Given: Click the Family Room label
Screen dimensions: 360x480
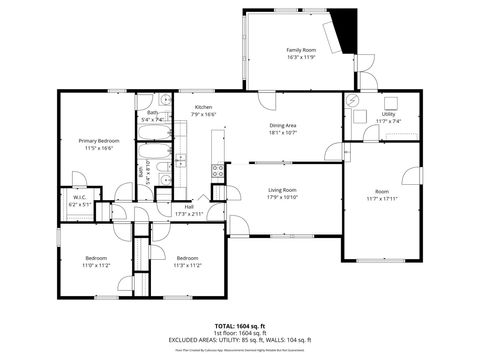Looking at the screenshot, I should pyautogui.click(x=301, y=50).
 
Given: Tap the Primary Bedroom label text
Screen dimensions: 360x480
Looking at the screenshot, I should pyautogui.click(x=100, y=141).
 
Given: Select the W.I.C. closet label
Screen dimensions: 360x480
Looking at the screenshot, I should pyautogui.click(x=79, y=197).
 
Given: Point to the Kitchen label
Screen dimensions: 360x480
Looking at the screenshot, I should pyautogui.click(x=203, y=107).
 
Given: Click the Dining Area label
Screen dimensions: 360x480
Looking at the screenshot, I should pyautogui.click(x=284, y=125).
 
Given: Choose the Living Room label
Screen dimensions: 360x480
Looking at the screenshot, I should pyautogui.click(x=284, y=189).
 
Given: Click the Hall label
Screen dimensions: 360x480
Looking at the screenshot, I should pyautogui.click(x=188, y=207).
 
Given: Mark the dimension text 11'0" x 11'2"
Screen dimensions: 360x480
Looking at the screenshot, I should pyautogui.click(x=98, y=266).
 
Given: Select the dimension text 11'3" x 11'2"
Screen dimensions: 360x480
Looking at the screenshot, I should pyautogui.click(x=188, y=266).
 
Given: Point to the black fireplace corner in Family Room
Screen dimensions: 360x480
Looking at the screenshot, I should pyautogui.click(x=345, y=20).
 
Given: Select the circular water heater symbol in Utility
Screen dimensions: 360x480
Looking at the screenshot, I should pyautogui.click(x=353, y=102).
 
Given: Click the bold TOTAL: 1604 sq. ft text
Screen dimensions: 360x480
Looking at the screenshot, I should pyautogui.click(x=240, y=326).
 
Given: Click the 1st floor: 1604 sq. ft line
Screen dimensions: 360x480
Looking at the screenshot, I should pyautogui.click(x=240, y=333).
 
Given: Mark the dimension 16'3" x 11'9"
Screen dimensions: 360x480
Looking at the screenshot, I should pyautogui.click(x=301, y=57).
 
